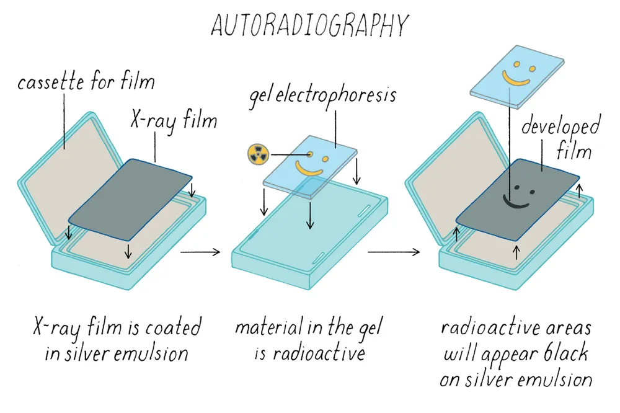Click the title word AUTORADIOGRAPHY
309,25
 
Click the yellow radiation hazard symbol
258,154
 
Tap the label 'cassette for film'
86,82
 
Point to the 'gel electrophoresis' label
322,97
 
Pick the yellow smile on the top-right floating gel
516,78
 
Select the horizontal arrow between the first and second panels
200,252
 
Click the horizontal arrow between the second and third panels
394,252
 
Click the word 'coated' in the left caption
173,328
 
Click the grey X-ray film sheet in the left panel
130,200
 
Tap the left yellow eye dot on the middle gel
310,154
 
